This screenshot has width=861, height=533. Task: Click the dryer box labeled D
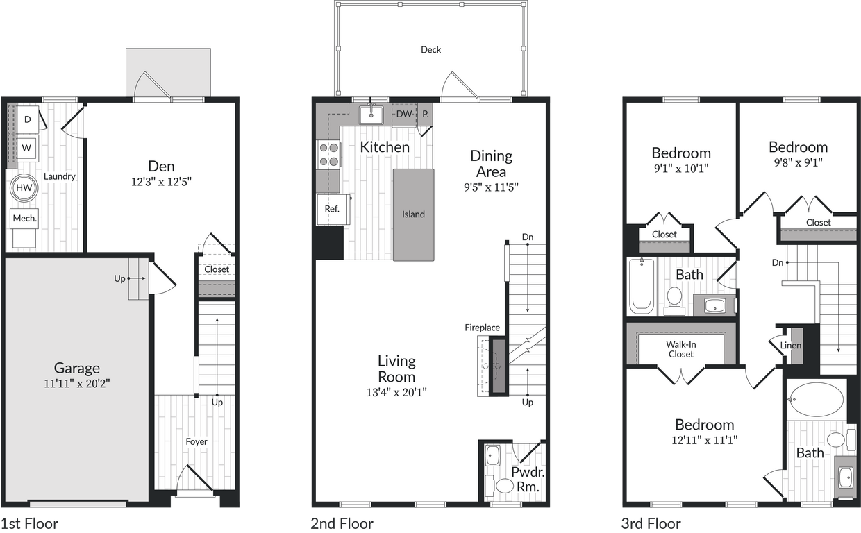[28, 119]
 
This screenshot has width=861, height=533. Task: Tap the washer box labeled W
[27, 148]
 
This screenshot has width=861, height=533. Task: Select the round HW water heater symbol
[24, 188]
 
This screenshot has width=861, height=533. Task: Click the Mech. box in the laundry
[24, 219]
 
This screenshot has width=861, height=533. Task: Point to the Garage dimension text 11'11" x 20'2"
[77, 382]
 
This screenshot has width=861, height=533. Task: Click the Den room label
[160, 166]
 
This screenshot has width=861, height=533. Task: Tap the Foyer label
[196, 441]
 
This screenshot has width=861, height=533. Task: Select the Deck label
[430, 49]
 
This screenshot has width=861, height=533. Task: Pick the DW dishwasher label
[404, 114]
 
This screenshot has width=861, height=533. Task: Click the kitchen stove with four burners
[329, 154]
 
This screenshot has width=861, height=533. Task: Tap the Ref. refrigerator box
[332, 209]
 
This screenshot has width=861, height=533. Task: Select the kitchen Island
[413, 214]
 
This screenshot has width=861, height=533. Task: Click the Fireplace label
[482, 328]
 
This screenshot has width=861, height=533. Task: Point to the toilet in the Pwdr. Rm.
[503, 484]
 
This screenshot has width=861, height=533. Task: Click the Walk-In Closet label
[680, 349]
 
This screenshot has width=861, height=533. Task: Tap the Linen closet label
[790, 345]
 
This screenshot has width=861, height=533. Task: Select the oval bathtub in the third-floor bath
[817, 400]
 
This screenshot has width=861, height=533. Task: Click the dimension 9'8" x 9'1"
[798, 162]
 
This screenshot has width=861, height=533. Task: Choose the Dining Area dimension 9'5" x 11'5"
[491, 187]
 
